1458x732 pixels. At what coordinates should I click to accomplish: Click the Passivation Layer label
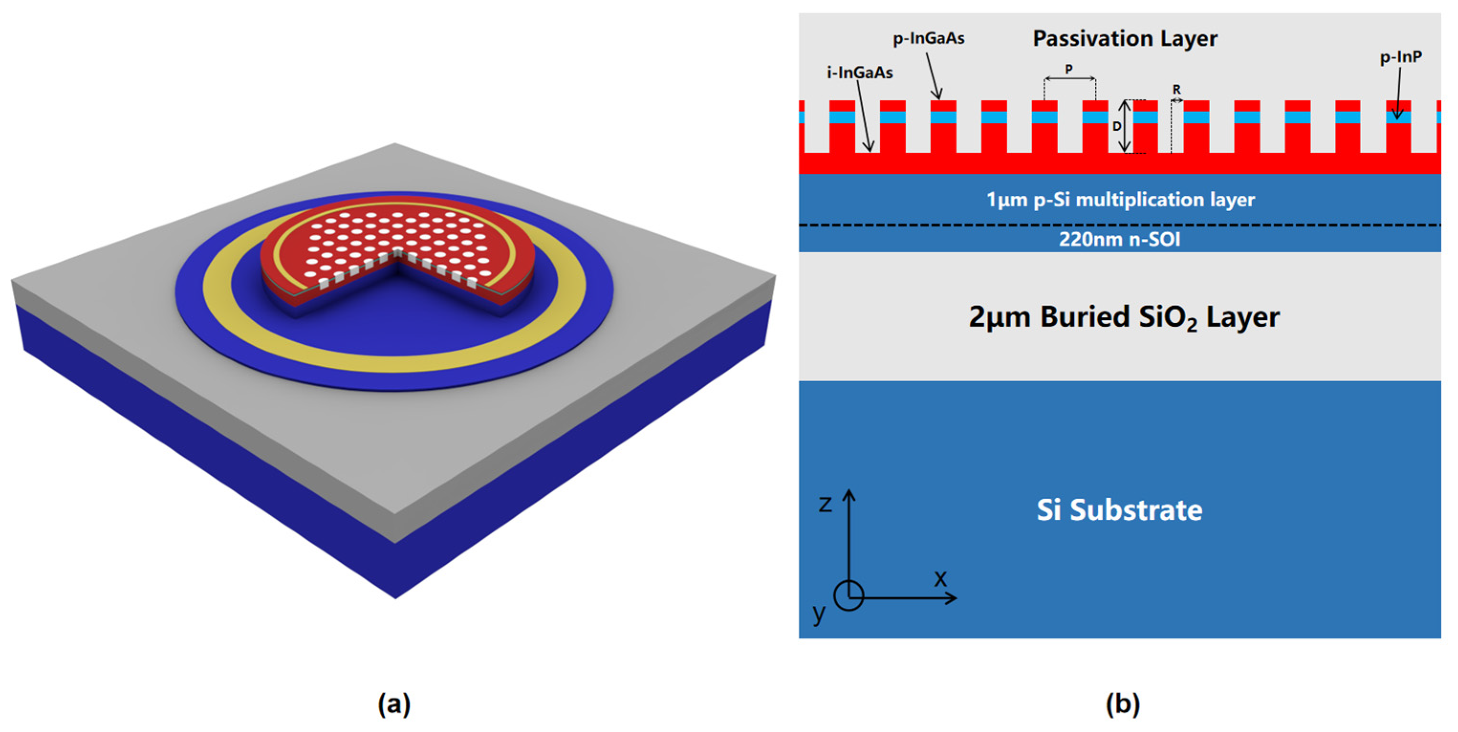point(1124,39)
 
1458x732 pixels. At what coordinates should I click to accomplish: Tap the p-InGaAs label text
point(928,39)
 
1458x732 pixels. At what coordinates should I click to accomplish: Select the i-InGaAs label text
point(859,73)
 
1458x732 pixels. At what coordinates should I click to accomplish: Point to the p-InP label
point(1401,56)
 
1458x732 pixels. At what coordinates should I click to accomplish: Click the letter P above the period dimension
point(1069,69)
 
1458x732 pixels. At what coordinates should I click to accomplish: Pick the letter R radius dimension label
point(1177,89)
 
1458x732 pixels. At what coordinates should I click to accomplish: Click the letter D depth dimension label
point(1117,126)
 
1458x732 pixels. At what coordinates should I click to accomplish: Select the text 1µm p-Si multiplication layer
point(1120,199)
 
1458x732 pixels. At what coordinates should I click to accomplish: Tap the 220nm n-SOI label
point(1120,239)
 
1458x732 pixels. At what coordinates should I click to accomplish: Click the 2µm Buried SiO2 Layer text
point(1123,317)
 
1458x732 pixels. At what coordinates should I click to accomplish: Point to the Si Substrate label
point(1119,510)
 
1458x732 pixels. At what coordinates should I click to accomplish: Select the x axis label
point(940,579)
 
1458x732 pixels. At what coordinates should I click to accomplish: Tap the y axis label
point(819,613)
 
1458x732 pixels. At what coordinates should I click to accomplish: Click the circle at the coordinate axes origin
point(848,596)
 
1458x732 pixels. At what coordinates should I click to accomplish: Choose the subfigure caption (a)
point(394,704)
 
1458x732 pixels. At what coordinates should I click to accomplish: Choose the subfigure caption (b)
point(1123,704)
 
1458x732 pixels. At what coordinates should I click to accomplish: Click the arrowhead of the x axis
point(952,597)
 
